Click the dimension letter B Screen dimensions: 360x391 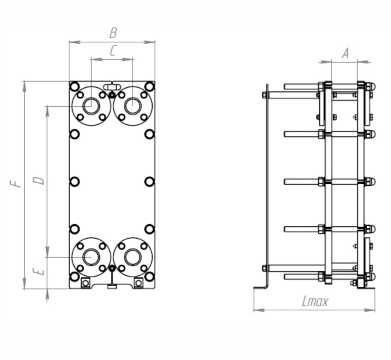click(113, 33)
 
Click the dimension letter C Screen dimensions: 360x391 click(113, 51)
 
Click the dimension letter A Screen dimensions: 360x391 click(345, 54)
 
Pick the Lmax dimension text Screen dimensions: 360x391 click(315, 302)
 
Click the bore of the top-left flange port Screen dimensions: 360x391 click(91, 106)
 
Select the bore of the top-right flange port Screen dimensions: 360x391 click(132, 106)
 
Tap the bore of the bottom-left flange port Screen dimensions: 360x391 click(91, 257)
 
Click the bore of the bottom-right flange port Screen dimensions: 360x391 click(132, 257)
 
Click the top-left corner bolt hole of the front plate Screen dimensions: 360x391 click(75, 87)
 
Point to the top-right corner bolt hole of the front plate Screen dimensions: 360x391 click(150, 87)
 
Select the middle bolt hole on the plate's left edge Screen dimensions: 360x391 click(75, 182)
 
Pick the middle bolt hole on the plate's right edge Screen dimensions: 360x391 click(150, 182)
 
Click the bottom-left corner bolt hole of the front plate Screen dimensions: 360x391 click(75, 276)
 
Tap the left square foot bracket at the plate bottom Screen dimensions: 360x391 click(86, 283)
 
